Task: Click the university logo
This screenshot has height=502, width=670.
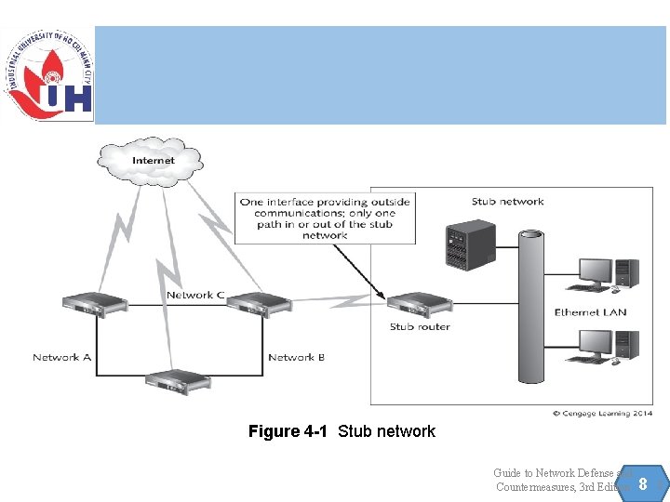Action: pos(48,74)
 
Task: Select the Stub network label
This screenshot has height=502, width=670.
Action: pos(507,202)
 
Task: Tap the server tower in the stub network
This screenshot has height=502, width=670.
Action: pos(470,244)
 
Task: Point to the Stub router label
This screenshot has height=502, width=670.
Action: pos(420,327)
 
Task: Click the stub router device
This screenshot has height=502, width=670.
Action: pos(419,304)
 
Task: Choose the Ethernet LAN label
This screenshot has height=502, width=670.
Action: pos(590,312)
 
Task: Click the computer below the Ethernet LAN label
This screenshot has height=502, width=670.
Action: pos(609,347)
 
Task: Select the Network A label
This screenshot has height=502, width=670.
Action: pos(61,357)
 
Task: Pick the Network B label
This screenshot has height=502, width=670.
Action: pos(296,357)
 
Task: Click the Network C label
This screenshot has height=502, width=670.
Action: pos(195,295)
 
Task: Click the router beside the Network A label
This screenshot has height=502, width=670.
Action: pos(94,304)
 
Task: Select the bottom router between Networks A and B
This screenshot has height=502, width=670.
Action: pos(176,380)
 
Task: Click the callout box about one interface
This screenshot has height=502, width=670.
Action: pos(324,218)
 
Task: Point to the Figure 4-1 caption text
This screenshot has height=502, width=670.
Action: pos(342,431)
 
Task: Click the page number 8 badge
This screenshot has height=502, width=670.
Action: pos(642,484)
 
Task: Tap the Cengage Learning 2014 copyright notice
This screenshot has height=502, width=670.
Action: pos(603,413)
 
